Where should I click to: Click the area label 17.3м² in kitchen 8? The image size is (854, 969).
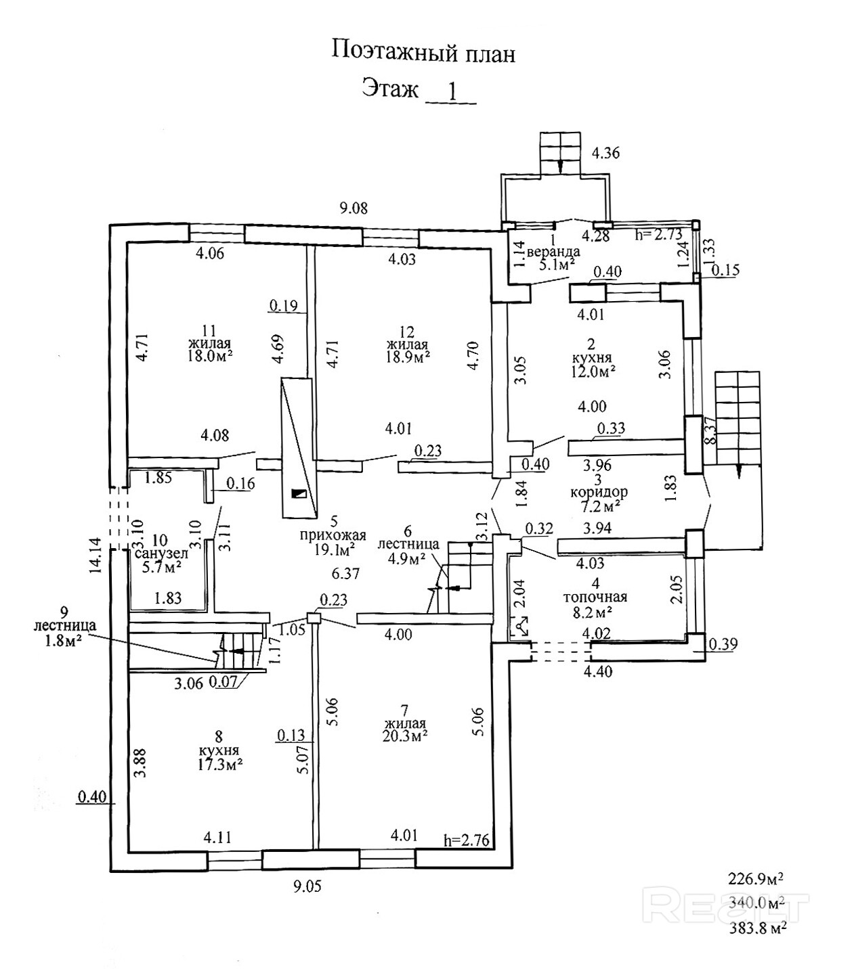coord(221,763)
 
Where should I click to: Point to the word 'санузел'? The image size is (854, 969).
coord(161,554)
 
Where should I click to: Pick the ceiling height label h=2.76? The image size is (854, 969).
coord(466,840)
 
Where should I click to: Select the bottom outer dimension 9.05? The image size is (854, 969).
coord(307,886)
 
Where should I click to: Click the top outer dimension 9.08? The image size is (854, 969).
coord(354,208)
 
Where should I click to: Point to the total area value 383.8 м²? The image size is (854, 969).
coord(756,928)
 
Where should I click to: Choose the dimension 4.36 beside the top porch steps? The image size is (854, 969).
coord(605,153)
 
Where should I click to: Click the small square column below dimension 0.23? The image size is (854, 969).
coord(313,617)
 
